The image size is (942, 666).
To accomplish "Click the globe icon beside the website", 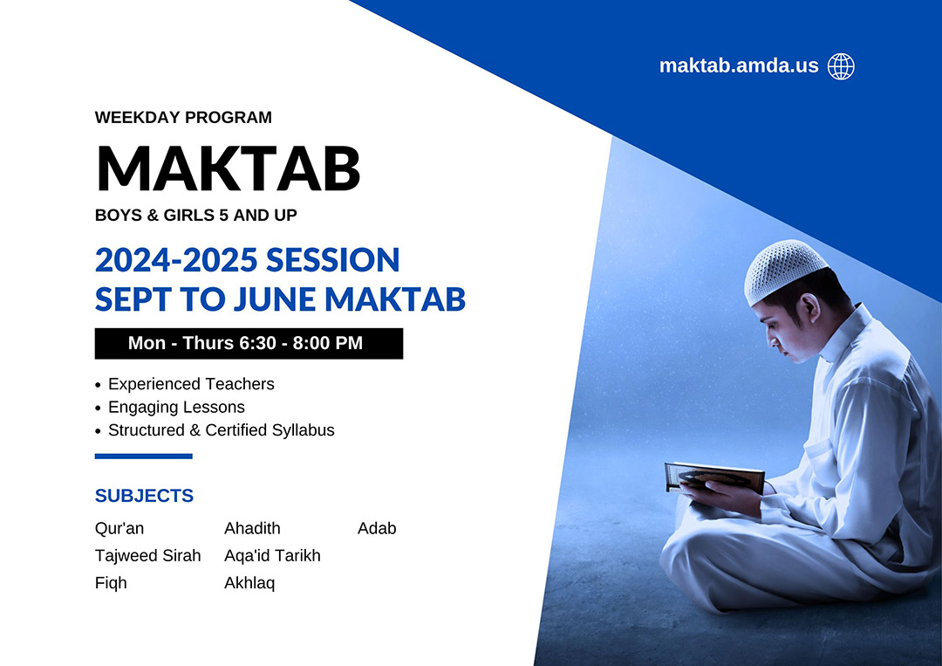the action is click(x=841, y=66).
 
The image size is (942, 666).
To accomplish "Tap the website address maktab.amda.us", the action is click(x=739, y=65).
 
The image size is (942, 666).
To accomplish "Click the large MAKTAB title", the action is click(x=229, y=168).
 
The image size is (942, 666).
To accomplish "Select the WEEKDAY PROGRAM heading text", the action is click(x=183, y=117).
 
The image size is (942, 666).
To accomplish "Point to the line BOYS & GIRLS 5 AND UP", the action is click(x=196, y=216).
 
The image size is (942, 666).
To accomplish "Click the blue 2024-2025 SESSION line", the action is click(x=247, y=259).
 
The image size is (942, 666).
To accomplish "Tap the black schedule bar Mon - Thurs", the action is click(x=249, y=343).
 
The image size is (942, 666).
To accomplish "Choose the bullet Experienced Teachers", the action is click(x=191, y=384).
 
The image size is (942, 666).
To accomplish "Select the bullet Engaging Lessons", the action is click(x=176, y=408).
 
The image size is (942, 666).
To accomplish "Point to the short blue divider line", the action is click(x=144, y=457).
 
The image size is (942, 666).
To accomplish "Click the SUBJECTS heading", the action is click(x=144, y=495).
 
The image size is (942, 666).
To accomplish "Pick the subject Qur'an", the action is click(x=119, y=528).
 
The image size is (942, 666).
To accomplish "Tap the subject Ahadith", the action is click(x=252, y=528).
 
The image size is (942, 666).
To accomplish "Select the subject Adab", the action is click(x=377, y=528).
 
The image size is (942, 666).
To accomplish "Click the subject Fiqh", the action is click(x=111, y=583).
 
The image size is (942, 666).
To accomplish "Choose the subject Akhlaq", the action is click(x=249, y=583).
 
